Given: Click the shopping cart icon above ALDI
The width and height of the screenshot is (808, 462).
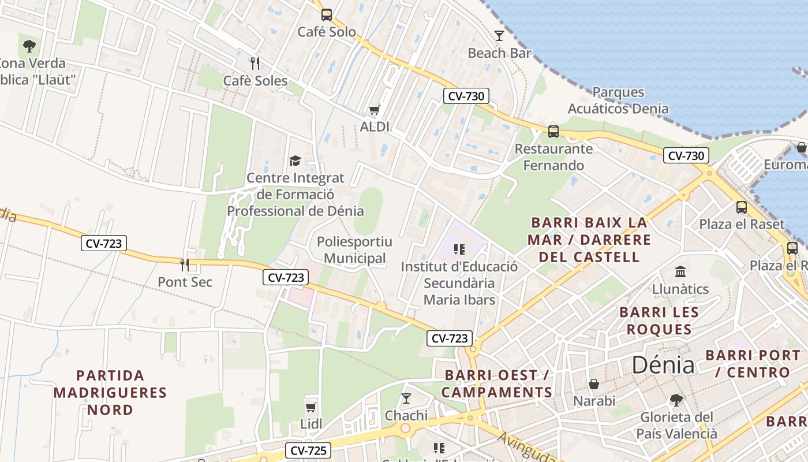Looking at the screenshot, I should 374,110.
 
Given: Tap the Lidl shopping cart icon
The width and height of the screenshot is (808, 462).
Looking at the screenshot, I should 311,407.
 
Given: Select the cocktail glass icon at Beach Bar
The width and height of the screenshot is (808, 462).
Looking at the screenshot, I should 499,36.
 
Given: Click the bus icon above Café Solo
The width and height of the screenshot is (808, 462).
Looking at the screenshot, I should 326,15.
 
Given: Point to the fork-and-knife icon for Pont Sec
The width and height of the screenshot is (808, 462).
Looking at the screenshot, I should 185,265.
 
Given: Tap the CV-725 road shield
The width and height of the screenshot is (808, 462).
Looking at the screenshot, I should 308,450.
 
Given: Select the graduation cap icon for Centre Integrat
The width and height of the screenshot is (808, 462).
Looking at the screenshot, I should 295,161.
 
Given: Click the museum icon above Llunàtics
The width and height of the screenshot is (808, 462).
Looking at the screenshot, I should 680,271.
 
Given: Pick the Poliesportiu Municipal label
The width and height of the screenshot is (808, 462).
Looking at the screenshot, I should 354,250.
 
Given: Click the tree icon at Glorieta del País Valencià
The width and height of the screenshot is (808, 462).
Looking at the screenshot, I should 676,400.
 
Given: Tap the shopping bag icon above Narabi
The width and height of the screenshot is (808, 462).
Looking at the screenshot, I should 594,383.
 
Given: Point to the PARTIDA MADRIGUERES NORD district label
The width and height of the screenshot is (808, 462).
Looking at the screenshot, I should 110,393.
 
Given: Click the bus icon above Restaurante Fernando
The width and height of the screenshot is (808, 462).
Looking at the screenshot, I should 553,132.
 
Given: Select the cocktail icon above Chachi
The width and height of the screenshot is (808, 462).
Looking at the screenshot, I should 406,398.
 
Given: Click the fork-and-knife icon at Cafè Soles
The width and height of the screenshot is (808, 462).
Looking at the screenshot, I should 255,63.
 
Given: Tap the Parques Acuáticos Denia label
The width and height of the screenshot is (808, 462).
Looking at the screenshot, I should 618,100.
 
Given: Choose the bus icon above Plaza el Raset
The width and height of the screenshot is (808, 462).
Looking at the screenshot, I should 742,207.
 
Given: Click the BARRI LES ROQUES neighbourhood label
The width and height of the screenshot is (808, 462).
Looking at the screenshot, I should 659,321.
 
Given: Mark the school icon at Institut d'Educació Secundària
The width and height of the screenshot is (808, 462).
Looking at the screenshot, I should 459,249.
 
